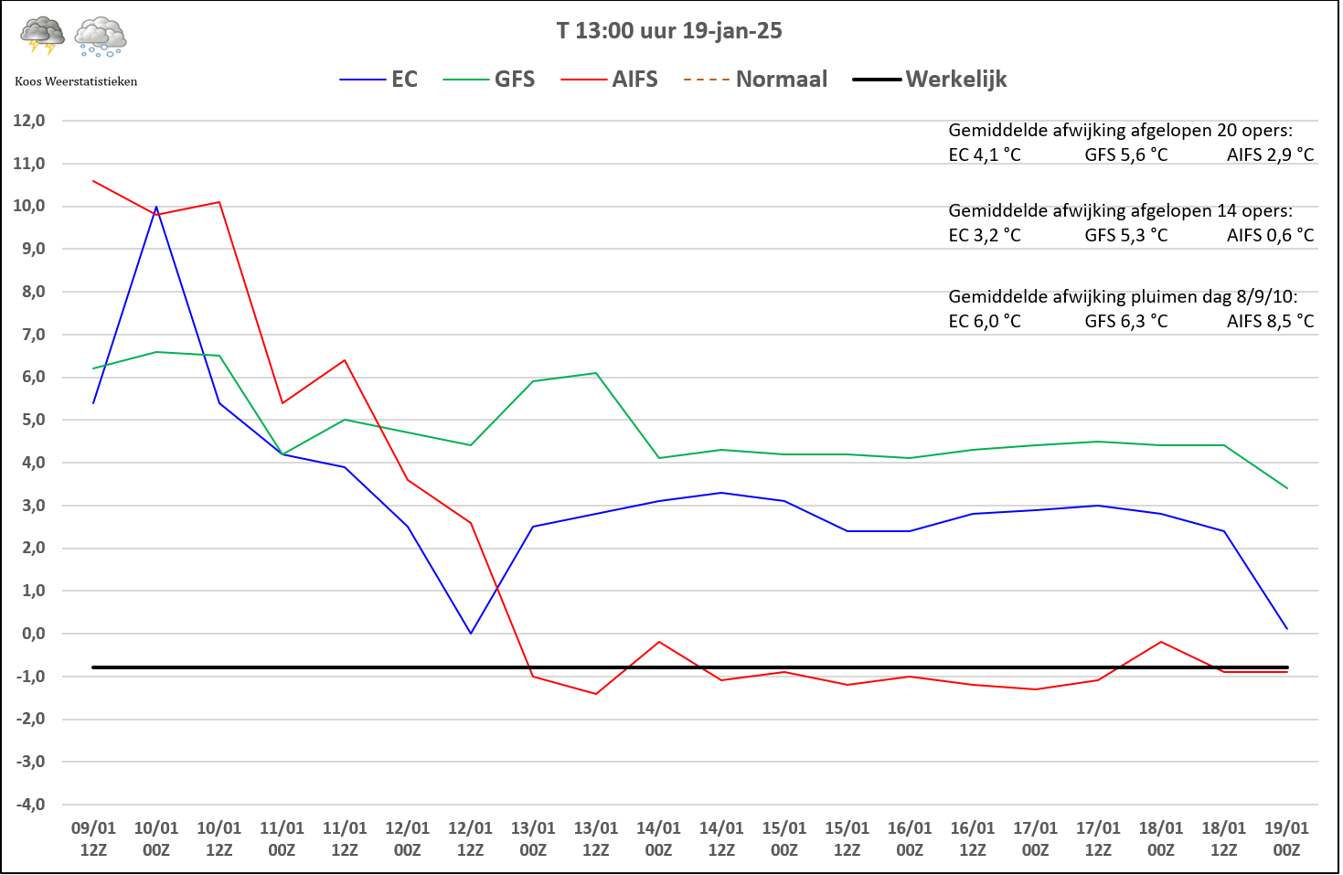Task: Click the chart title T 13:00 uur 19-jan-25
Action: (x=669, y=31)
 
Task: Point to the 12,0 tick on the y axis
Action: (x=28, y=121)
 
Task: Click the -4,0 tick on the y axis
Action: (x=28, y=805)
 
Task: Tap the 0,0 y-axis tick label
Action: (x=30, y=634)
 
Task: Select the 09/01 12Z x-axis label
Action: (x=93, y=838)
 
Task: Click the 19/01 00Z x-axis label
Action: (x=1286, y=838)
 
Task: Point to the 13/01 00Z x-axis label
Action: (x=533, y=838)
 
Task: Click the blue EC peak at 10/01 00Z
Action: (x=156, y=208)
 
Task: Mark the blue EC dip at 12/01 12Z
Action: (x=471, y=633)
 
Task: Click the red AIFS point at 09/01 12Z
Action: (x=94, y=181)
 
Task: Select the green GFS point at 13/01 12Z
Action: (x=596, y=373)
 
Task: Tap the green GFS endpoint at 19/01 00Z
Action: (x=1286, y=488)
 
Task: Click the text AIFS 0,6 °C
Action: (x=1270, y=236)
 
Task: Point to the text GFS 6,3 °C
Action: (x=1125, y=322)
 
